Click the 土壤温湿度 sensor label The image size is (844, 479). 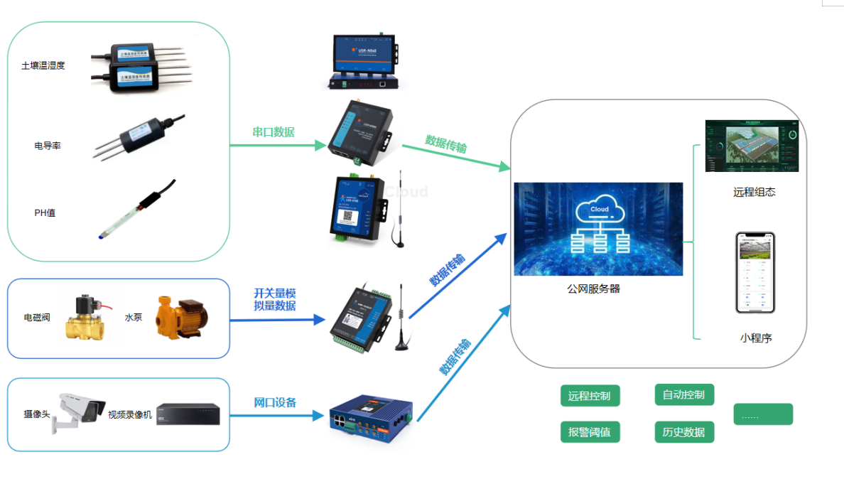(x=43, y=66)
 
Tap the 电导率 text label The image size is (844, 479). (x=48, y=146)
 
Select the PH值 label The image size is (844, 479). (x=45, y=212)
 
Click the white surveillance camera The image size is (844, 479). (x=78, y=410)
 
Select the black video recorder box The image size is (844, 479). (x=188, y=414)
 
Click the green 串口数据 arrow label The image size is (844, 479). (x=274, y=132)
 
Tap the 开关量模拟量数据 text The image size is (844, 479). (x=274, y=299)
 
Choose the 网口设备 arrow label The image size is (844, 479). (x=275, y=402)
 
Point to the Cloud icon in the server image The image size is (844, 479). (x=600, y=210)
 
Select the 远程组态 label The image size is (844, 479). (x=754, y=192)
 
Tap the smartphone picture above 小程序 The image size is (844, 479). (x=754, y=272)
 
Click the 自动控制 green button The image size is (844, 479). (x=683, y=394)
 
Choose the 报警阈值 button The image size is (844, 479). (x=590, y=431)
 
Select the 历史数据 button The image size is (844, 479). (x=683, y=431)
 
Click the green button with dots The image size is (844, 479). (x=762, y=414)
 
